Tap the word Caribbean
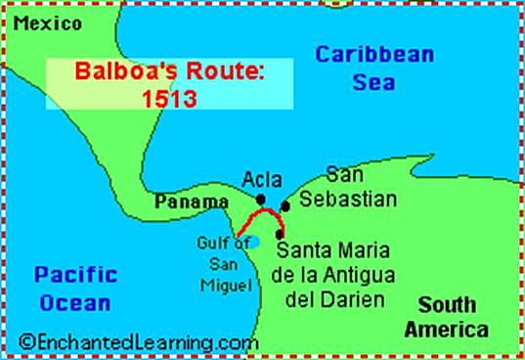[x=373, y=54]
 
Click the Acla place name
[x=262, y=181]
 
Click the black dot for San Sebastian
[x=285, y=205]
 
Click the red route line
[x=262, y=213]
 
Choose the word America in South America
[x=446, y=328]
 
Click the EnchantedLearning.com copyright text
[x=138, y=341]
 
